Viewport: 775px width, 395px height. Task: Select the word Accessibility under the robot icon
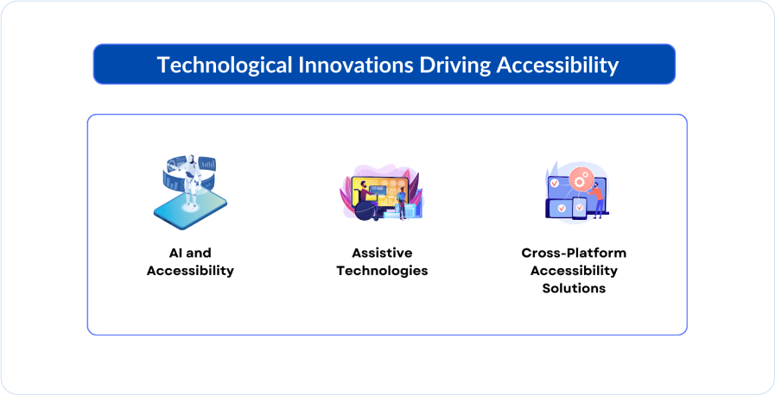tap(190, 271)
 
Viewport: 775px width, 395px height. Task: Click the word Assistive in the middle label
tap(382, 253)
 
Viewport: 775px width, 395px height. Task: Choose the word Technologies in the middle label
tap(382, 271)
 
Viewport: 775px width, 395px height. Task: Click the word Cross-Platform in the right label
tap(574, 253)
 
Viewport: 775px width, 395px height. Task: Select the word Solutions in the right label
tap(574, 289)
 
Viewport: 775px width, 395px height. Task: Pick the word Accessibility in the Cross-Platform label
tap(574, 271)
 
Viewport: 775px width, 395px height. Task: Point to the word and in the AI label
tap(199, 253)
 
